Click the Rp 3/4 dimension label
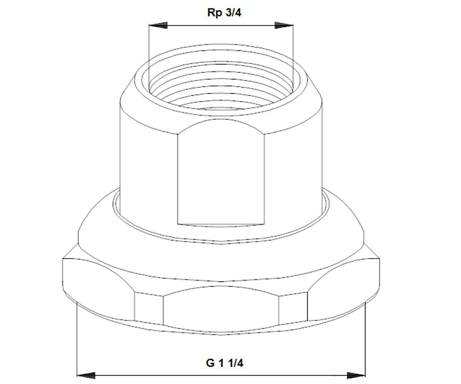click(x=224, y=13)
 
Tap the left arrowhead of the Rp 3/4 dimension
click(x=158, y=25)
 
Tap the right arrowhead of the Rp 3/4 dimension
click(x=284, y=25)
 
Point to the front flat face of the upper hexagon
click(x=221, y=172)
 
